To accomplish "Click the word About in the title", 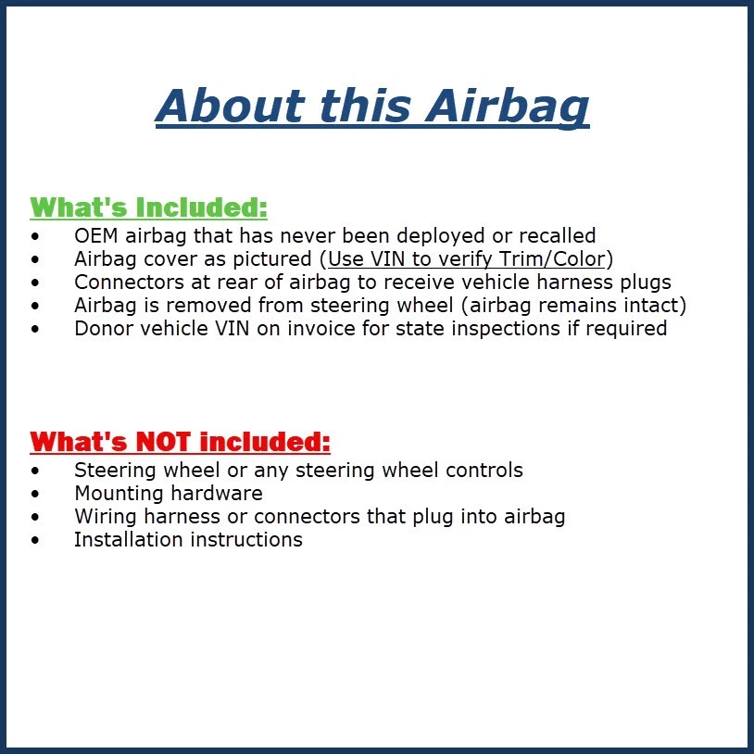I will [x=230, y=105].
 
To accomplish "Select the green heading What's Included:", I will [x=149, y=207].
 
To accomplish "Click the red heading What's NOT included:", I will [x=181, y=441].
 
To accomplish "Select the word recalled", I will [x=559, y=235].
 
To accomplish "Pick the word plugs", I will [x=646, y=282].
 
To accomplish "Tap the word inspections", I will [x=514, y=328].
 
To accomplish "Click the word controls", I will [x=484, y=470].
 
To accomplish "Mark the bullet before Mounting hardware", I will [x=35, y=494].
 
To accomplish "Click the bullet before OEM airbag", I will [x=35, y=236].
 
